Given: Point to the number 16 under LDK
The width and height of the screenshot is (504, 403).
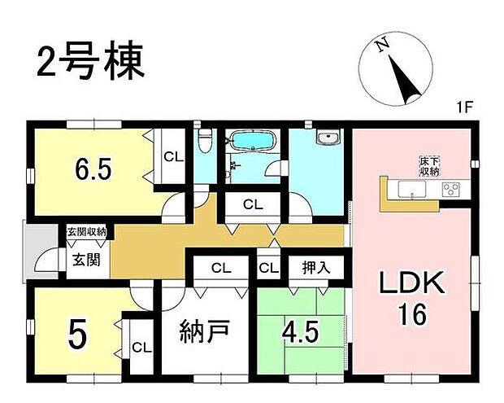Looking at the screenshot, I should [x=411, y=313].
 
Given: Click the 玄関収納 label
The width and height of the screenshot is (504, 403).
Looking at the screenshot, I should [x=87, y=233].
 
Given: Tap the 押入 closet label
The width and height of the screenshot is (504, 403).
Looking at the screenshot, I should [x=316, y=267].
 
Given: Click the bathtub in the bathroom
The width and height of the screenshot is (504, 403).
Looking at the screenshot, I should [x=254, y=142].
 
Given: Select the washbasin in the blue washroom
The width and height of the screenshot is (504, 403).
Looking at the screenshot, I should [x=329, y=139].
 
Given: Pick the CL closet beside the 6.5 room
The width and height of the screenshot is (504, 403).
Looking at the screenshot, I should [x=172, y=157].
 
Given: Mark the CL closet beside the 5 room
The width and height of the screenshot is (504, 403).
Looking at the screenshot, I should [x=141, y=348].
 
